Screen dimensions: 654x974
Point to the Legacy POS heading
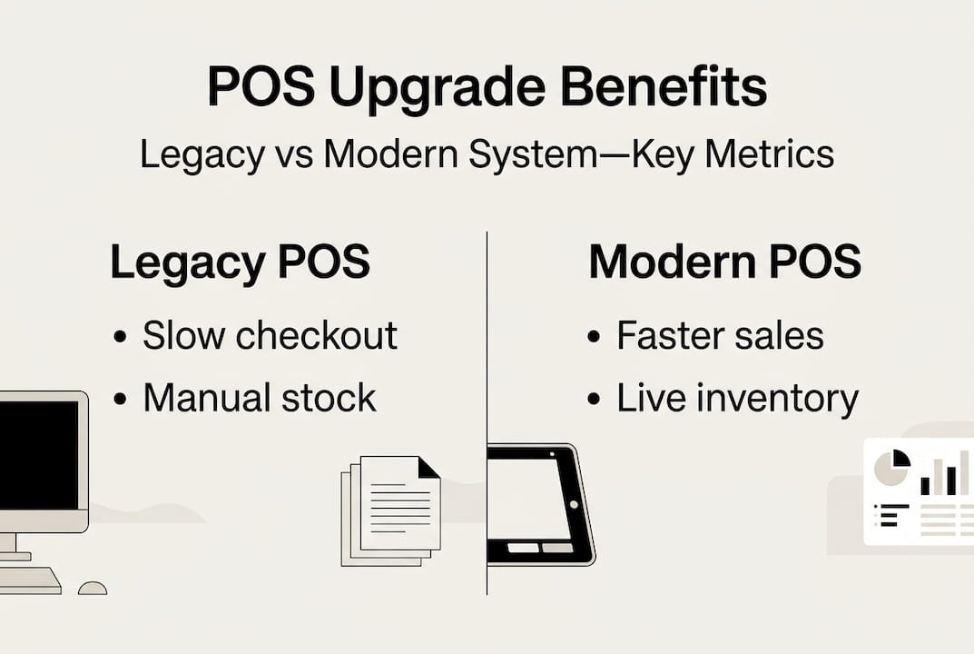click(240, 263)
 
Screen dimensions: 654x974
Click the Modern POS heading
click(724, 263)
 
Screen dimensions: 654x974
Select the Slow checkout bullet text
click(270, 335)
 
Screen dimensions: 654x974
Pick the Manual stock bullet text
click(259, 398)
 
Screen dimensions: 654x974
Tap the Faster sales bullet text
click(720, 335)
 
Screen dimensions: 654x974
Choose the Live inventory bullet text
click(737, 398)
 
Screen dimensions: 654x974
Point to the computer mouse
click(93, 588)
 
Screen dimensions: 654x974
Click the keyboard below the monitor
click(27, 580)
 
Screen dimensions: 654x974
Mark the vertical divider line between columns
click(487, 363)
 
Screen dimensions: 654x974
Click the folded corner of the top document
click(428, 467)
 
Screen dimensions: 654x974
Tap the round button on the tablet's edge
click(575, 503)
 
